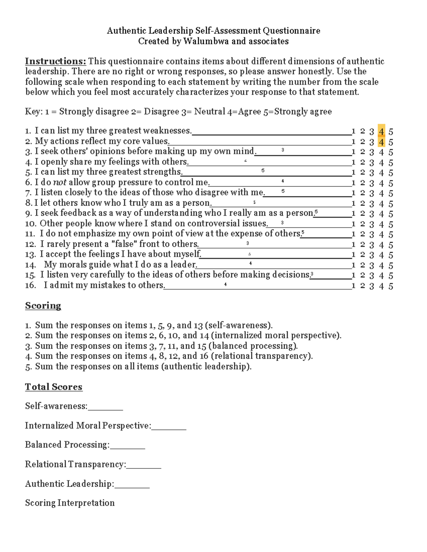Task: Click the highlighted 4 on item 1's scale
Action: coord(381,132)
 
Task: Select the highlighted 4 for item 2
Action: coord(381,142)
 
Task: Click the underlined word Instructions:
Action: coord(56,61)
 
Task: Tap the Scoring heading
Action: coord(43,306)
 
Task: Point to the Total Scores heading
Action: coord(54,387)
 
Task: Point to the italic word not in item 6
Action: coord(59,183)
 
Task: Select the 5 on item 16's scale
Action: coord(391,286)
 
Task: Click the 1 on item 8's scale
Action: coord(354,204)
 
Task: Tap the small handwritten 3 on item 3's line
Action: coord(283,150)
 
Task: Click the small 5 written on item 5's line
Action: coord(263,171)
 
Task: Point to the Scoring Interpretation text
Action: coord(70,503)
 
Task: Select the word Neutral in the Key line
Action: coord(210,112)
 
